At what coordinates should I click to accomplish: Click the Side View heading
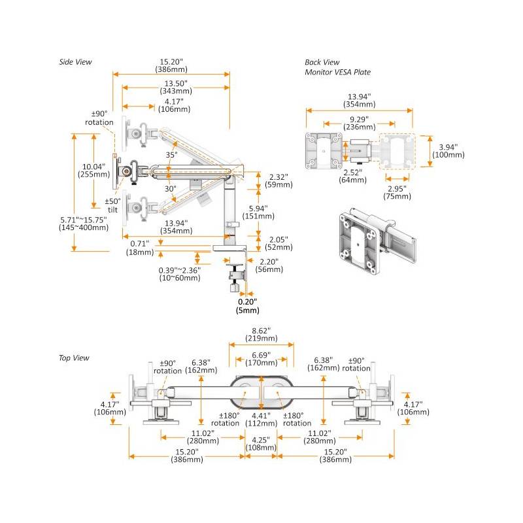pyautogui.click(x=75, y=62)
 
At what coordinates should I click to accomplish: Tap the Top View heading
pyautogui.click(x=74, y=358)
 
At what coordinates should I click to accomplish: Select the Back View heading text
pyautogui.click(x=322, y=62)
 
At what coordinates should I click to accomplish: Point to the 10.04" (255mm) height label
pyautogui.click(x=93, y=170)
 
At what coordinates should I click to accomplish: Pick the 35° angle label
pyautogui.click(x=171, y=156)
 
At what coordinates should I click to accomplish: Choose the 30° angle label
pyautogui.click(x=170, y=189)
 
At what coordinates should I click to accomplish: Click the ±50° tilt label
pyautogui.click(x=112, y=205)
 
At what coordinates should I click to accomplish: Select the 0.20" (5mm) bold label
pyautogui.click(x=246, y=306)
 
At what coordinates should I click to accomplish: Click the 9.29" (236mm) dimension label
pyautogui.click(x=358, y=124)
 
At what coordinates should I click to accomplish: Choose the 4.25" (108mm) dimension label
pyautogui.click(x=261, y=445)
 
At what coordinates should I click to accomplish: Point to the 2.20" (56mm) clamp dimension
pyautogui.click(x=268, y=265)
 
